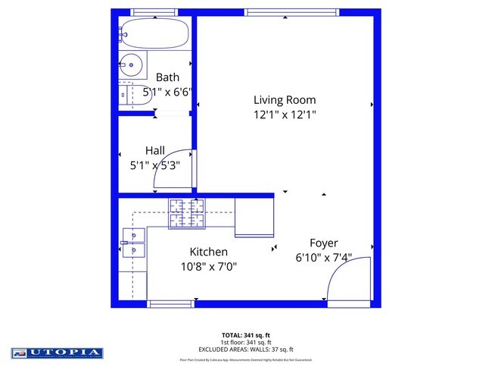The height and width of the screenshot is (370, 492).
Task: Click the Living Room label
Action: [x=284, y=100]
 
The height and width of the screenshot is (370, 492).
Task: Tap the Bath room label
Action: [x=167, y=77]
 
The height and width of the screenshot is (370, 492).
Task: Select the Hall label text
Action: [x=154, y=151]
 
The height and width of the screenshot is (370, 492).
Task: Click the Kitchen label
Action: [x=208, y=252]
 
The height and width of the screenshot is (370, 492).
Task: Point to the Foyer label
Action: [x=323, y=243]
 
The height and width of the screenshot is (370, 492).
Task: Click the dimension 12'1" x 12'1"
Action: [x=284, y=115]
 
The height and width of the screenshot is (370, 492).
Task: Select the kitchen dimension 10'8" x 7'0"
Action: [x=208, y=266]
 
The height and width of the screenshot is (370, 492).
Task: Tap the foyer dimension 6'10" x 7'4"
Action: [x=323, y=258]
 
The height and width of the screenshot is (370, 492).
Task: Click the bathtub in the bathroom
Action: [x=155, y=33]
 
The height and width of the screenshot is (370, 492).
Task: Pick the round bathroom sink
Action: [x=132, y=65]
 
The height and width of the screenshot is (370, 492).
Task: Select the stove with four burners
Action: [x=186, y=212]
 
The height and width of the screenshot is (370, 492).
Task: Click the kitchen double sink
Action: [x=133, y=243]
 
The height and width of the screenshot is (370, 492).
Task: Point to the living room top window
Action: [x=281, y=12]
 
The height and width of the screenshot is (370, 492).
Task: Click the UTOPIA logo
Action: [x=57, y=353]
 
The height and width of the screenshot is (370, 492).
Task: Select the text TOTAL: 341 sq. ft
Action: [x=245, y=334]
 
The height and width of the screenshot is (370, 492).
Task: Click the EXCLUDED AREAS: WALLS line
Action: [x=245, y=349]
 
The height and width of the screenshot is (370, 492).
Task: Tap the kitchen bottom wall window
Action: [x=170, y=304]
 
